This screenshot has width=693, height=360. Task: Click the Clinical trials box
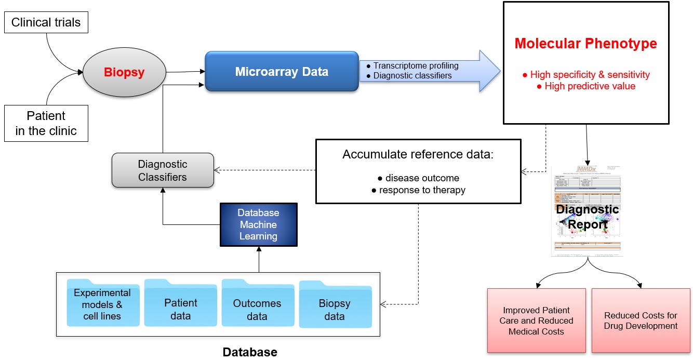46,22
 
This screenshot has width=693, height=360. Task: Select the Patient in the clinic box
46,123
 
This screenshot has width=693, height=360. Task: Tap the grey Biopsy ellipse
124,72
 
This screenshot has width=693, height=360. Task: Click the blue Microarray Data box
282,72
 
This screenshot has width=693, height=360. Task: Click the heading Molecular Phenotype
585,44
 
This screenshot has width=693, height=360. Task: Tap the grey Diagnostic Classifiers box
163,170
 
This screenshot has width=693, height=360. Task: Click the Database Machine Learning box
258,224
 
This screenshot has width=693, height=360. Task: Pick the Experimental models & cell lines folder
102,304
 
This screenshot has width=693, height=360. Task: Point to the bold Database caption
250,352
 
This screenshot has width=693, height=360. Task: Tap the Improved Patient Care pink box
537,321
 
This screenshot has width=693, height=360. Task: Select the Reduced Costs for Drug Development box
641,320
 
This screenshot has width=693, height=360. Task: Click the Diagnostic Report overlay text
587,217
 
